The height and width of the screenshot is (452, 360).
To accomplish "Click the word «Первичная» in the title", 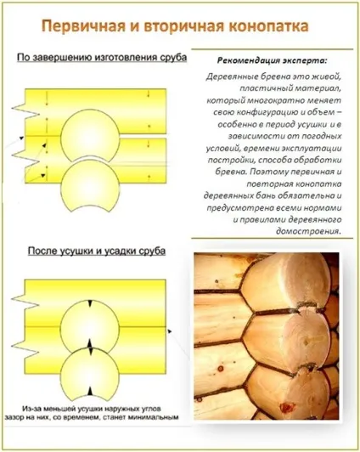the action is [x=83, y=26].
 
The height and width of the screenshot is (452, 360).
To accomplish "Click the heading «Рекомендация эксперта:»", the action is [x=273, y=61].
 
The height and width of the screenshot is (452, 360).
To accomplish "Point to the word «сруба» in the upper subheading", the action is [x=173, y=58].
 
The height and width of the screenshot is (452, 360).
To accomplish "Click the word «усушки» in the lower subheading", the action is [x=76, y=251].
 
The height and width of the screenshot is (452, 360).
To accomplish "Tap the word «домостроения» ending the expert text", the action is [x=308, y=231].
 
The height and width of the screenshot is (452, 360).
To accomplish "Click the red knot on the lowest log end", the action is [x=286, y=407].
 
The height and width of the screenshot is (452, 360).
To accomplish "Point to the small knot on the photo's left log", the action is [x=220, y=369].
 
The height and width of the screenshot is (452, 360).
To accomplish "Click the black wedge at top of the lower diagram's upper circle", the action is [x=90, y=304].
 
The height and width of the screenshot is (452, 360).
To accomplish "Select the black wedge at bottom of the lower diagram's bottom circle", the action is [x=90, y=391].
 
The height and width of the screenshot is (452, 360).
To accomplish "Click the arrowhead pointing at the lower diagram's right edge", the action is [x=170, y=331].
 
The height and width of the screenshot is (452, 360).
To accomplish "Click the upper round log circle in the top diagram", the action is [x=90, y=135].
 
